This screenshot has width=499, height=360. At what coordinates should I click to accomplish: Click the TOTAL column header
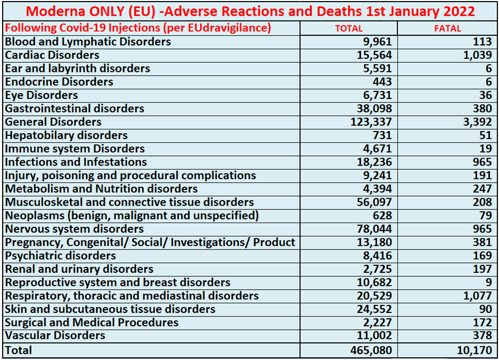tap(349, 29)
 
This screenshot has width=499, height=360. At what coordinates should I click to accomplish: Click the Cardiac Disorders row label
tap(52, 55)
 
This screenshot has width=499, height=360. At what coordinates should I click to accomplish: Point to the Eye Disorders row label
tap(41, 95)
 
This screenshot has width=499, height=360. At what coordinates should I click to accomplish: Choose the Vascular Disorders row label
tap(55, 336)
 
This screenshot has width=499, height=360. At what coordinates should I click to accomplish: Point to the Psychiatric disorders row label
tap(60, 256)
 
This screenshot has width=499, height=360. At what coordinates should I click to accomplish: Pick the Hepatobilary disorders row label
tap(66, 135)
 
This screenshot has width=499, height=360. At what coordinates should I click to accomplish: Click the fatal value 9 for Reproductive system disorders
tap(488, 282)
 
